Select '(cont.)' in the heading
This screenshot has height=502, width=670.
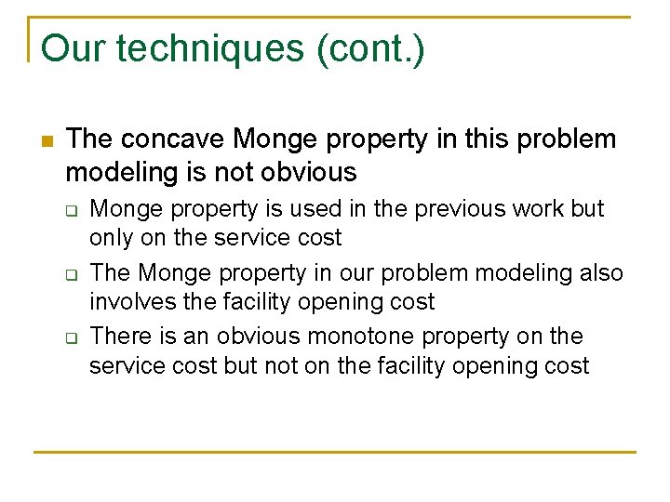pyautogui.click(x=370, y=48)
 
